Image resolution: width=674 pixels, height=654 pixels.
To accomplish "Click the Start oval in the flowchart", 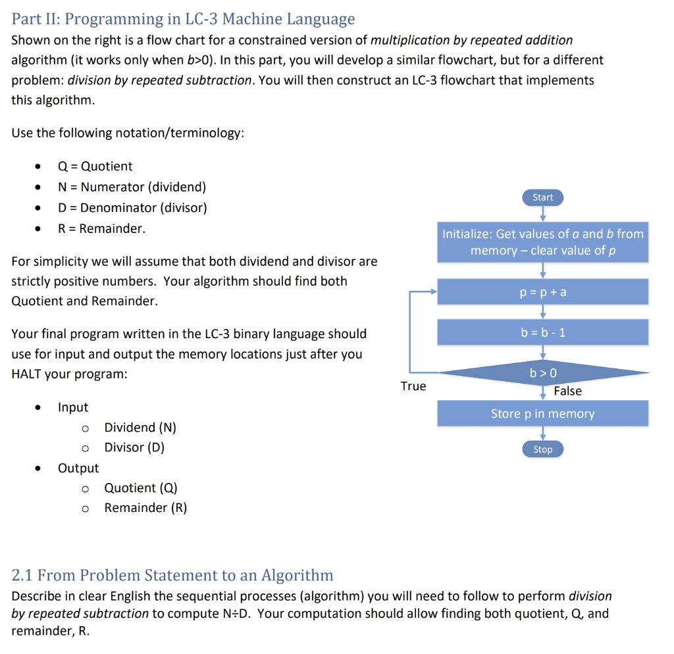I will click(x=542, y=197).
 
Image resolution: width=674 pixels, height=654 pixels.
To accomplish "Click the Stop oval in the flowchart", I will click(x=542, y=449).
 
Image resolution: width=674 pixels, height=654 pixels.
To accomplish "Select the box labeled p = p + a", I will click(x=543, y=291).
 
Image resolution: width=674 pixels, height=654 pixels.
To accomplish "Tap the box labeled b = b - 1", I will click(x=543, y=332).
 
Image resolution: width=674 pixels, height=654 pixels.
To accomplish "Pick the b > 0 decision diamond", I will click(x=543, y=373).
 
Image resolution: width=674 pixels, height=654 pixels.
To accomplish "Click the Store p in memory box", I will click(x=543, y=414).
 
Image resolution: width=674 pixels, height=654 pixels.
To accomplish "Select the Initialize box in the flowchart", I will click(x=543, y=242).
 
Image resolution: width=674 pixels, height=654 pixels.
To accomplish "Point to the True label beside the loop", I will click(x=413, y=386).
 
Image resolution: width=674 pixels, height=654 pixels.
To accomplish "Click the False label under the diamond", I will click(x=567, y=391).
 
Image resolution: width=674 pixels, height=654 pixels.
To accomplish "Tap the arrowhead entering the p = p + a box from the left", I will click(x=433, y=291).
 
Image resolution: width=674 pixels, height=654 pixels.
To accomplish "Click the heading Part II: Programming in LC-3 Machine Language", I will click(x=184, y=19).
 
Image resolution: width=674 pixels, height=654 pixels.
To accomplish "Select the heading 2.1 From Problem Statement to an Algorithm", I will click(x=173, y=575).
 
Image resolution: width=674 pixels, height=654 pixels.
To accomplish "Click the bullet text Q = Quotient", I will click(x=95, y=166).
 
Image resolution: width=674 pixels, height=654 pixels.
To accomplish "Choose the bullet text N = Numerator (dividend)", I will click(x=132, y=187).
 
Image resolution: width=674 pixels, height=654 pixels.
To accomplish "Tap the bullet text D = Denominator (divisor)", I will click(x=132, y=208).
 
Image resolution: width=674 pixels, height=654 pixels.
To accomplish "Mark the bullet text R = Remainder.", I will click(x=101, y=228).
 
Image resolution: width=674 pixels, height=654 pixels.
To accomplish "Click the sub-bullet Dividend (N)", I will click(x=140, y=428).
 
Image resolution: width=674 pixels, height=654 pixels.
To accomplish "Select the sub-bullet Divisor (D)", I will click(x=134, y=447).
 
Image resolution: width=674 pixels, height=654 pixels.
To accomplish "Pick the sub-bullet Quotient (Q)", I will click(x=141, y=488).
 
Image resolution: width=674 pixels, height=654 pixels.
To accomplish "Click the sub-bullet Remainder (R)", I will click(x=145, y=508).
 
